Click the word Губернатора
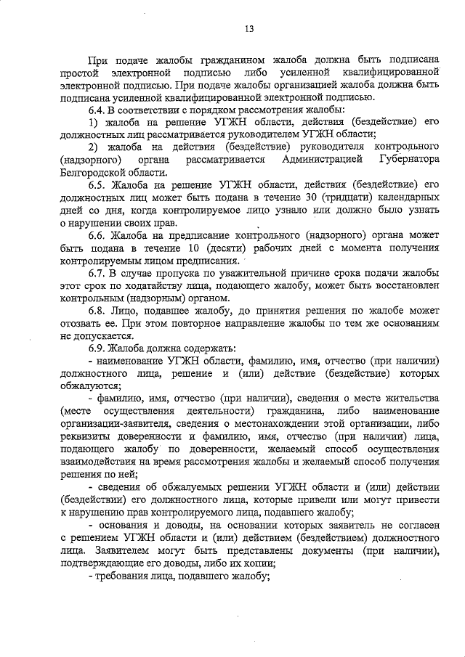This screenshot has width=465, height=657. click(x=407, y=159)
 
